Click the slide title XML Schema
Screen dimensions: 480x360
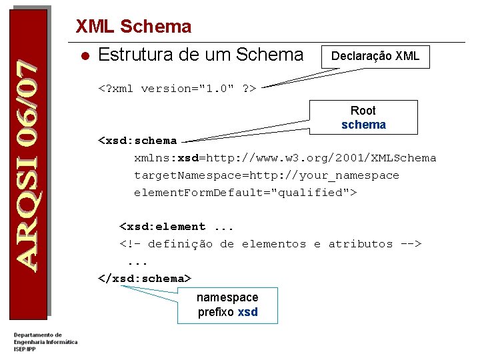tap(133, 27)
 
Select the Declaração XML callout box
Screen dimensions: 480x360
tap(375, 56)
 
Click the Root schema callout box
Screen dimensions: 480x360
tap(363, 117)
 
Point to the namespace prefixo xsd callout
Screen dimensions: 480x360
tap(227, 305)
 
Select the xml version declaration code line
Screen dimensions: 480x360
tap(178, 89)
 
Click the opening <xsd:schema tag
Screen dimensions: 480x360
tap(137, 141)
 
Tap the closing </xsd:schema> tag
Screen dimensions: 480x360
tap(145, 279)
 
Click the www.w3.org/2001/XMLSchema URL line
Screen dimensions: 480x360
tap(285, 158)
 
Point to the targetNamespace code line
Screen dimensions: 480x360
tap(267, 175)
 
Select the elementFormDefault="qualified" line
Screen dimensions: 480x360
tap(245, 193)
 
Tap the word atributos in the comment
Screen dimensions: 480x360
tap(360, 244)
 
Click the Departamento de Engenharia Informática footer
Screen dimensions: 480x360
tap(45, 342)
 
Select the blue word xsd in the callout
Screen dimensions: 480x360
tap(247, 312)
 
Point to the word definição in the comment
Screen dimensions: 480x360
tap(180, 244)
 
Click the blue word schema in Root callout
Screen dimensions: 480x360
tap(363, 125)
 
